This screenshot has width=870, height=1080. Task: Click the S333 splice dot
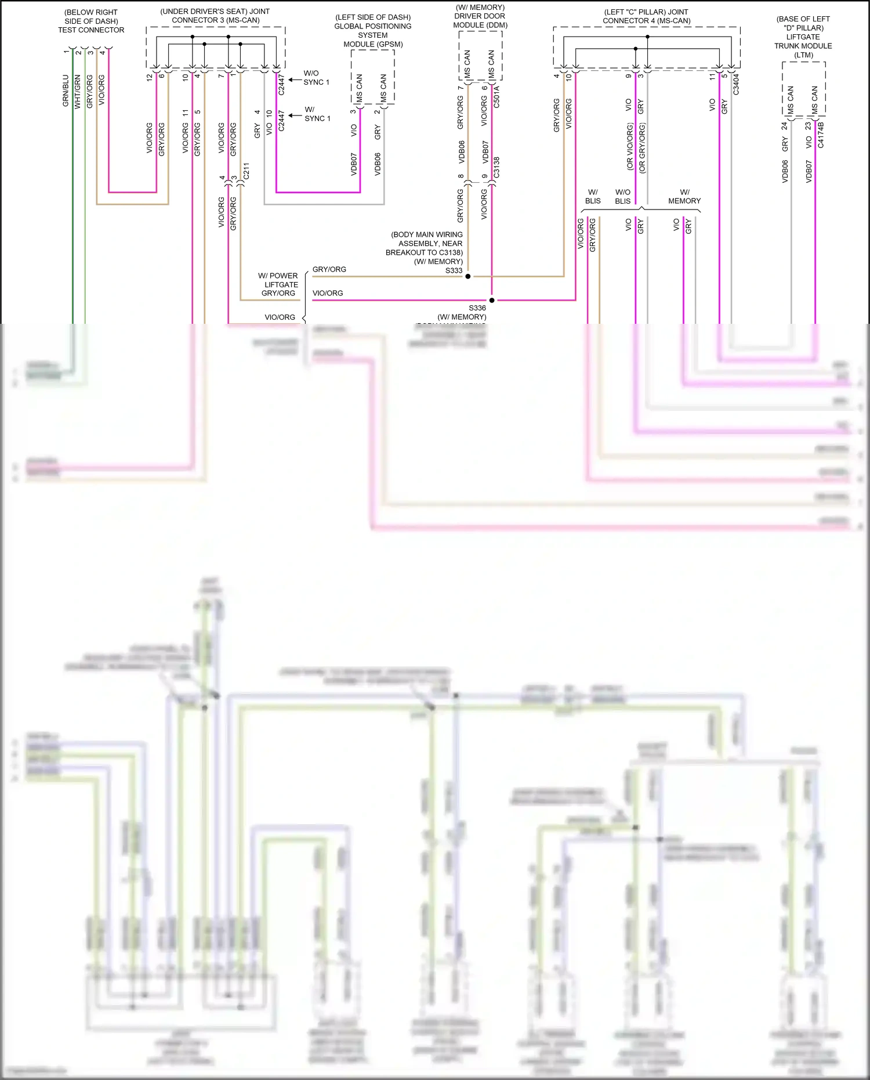click(468, 276)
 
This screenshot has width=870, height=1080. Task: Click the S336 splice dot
click(492, 300)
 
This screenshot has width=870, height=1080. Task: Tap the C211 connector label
click(246, 171)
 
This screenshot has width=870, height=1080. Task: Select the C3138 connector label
click(496, 167)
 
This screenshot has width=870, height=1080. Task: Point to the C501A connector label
click(496, 96)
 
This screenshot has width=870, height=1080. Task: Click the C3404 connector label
click(736, 84)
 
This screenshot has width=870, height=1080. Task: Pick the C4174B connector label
click(821, 135)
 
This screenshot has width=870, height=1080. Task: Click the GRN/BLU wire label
click(66, 91)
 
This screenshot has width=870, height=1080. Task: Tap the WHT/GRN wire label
click(78, 92)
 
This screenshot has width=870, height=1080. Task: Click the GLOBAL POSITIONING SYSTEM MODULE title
click(373, 31)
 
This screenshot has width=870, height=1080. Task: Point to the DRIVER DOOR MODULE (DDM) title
click(480, 16)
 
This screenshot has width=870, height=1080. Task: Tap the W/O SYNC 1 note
click(316, 78)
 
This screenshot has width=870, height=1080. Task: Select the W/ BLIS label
click(593, 196)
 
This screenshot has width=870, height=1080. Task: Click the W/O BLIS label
click(623, 196)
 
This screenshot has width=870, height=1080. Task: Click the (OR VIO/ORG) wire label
click(630, 146)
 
